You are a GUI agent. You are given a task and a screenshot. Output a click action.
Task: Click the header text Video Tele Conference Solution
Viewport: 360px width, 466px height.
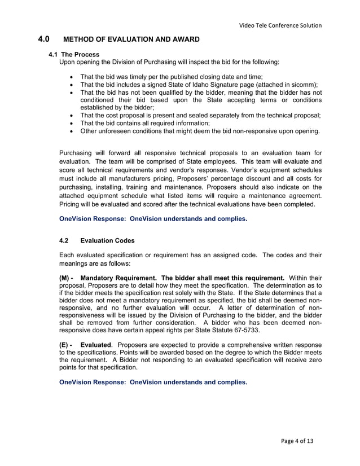tap(280, 25)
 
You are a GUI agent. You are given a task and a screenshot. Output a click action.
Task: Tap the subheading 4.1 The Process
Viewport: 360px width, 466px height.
tap(74, 54)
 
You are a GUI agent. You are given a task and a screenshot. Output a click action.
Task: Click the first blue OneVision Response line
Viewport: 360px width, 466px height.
tap(153, 219)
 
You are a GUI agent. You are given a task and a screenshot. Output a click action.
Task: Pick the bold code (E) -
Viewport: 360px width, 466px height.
tap(66, 344)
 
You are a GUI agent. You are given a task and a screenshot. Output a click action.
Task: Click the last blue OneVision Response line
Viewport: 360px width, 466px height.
tap(153, 382)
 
